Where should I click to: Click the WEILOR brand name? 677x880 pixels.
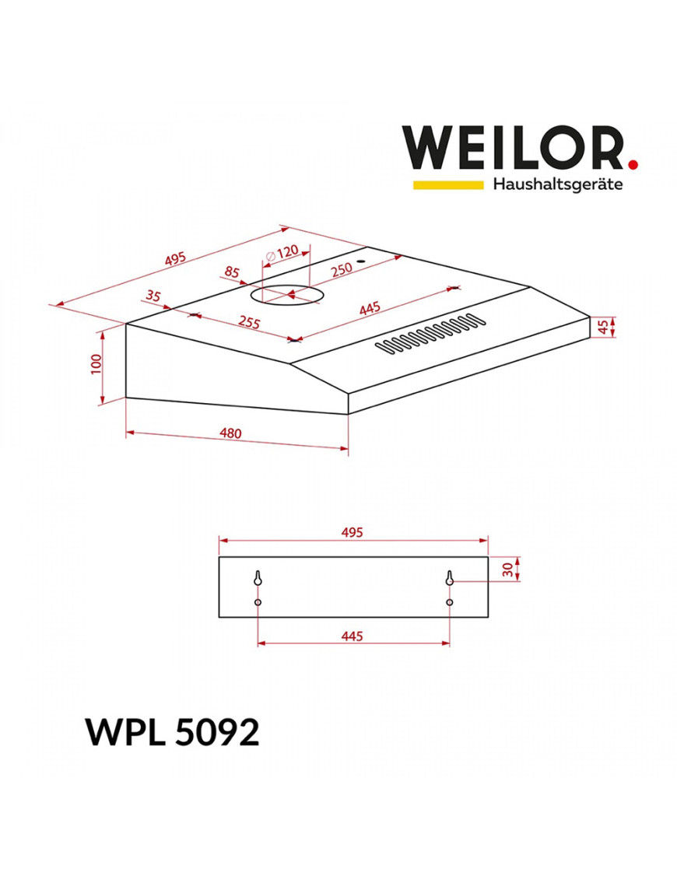(x=513, y=148)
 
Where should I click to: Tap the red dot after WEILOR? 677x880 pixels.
(x=633, y=164)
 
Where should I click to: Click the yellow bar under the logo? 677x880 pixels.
(x=448, y=184)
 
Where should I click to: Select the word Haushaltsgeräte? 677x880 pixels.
(x=558, y=184)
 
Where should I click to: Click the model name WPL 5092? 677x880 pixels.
(x=172, y=732)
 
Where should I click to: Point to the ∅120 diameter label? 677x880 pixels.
(x=282, y=253)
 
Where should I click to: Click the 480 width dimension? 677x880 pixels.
(x=230, y=433)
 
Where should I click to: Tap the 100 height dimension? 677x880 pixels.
(x=96, y=364)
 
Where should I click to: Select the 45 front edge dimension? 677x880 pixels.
(x=603, y=327)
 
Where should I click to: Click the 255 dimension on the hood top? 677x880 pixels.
(x=249, y=322)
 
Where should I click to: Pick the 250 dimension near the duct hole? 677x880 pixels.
(x=342, y=269)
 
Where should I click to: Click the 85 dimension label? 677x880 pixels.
(x=232, y=272)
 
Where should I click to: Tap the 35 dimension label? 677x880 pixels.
(x=153, y=295)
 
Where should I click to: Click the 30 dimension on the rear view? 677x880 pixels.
(x=508, y=570)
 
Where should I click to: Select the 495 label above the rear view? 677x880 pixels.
(x=352, y=532)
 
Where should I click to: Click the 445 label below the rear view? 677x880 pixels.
(x=352, y=636)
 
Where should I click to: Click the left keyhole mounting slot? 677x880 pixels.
(x=258, y=579)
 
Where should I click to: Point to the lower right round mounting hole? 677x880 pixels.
(x=450, y=602)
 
